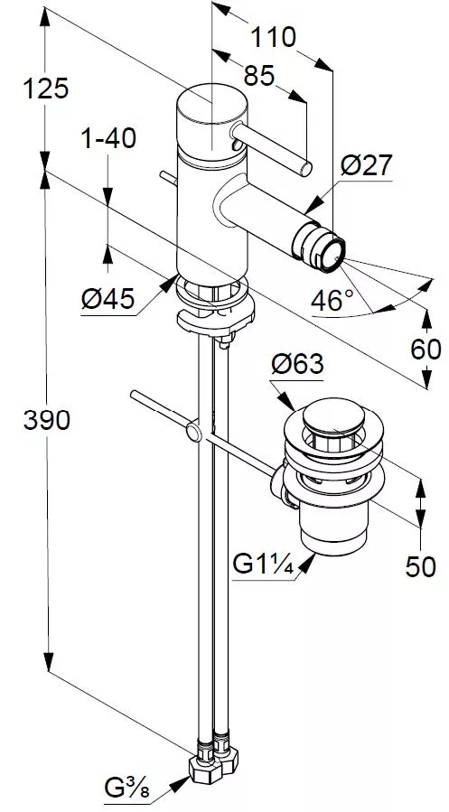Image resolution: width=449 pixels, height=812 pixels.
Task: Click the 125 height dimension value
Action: point(45,89)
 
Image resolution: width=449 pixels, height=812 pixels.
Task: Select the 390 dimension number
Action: point(47,419)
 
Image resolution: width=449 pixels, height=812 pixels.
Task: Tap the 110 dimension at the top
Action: point(273,37)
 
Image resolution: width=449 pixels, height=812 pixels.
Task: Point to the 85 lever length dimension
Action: point(258,76)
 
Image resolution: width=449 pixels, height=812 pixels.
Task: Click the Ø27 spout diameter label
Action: point(367,165)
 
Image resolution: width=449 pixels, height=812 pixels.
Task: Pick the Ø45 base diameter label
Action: point(108,299)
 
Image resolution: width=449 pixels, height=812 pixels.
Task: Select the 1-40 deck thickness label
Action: point(108,138)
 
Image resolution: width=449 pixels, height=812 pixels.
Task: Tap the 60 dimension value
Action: point(426,350)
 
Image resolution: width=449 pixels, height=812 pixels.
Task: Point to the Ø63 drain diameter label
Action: point(297,364)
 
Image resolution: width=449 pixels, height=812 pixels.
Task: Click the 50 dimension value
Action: point(420,567)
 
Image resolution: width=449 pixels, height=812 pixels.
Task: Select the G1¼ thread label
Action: point(263,565)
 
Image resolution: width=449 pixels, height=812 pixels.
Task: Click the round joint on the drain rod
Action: point(193,432)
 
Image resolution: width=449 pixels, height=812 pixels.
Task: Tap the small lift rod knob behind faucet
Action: point(169,178)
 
